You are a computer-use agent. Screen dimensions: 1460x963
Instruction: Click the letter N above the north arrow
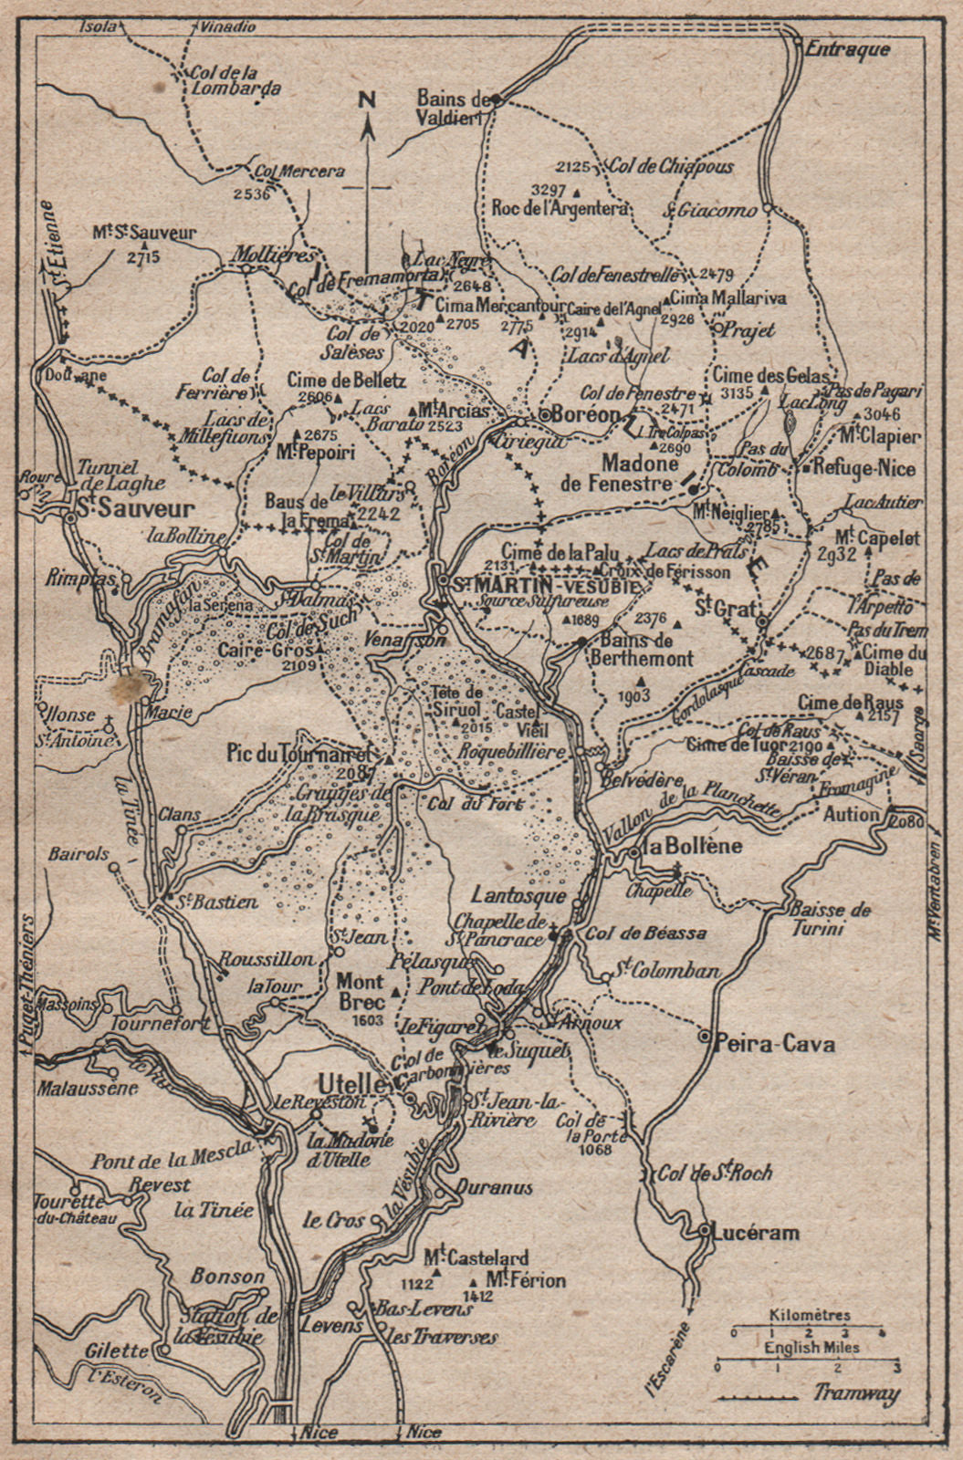[367, 100]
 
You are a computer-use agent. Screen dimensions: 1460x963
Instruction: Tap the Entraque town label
[847, 50]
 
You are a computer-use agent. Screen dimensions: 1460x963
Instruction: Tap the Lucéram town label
[759, 1233]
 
